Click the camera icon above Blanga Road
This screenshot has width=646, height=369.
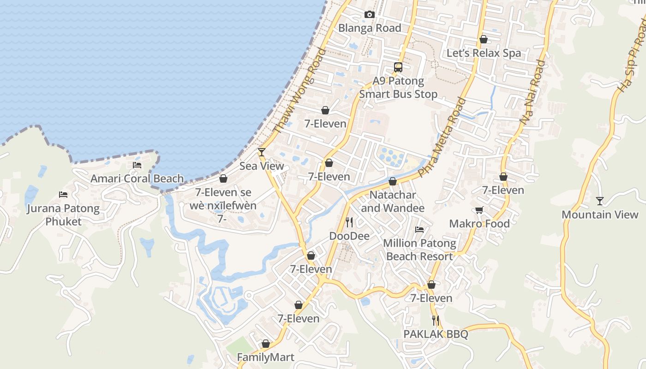click(x=369, y=15)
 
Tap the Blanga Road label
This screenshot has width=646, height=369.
click(x=370, y=28)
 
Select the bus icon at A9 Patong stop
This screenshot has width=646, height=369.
click(x=398, y=67)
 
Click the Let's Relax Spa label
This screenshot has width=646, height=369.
click(x=484, y=53)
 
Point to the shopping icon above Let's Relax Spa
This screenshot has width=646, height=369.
click(x=484, y=40)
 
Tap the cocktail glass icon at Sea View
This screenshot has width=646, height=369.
click(x=262, y=152)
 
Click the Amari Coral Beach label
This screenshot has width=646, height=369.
click(x=137, y=179)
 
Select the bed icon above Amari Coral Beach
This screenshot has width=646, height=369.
click(x=137, y=165)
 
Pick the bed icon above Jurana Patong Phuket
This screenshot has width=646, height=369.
click(x=63, y=195)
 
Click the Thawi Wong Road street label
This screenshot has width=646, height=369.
click(x=299, y=91)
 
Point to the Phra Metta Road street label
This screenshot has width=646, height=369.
click(x=443, y=137)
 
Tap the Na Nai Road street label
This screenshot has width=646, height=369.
click(x=532, y=92)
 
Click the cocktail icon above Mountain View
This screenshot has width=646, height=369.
click(x=599, y=201)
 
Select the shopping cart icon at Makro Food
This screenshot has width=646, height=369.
click(x=479, y=210)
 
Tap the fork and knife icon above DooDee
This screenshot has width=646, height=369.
click(x=349, y=223)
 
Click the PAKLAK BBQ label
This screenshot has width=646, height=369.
click(x=436, y=334)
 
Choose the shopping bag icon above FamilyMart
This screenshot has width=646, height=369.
click(x=265, y=344)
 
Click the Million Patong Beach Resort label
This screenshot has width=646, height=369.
click(x=419, y=250)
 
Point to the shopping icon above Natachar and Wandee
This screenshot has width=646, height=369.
click(x=393, y=182)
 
